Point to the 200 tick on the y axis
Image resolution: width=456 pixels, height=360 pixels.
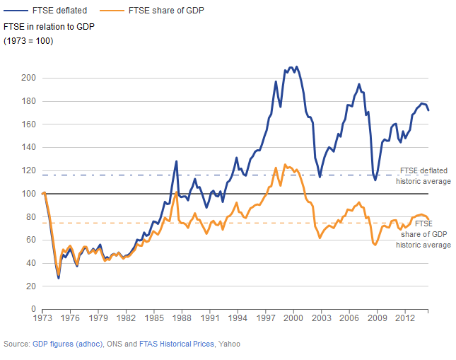pos(28,78)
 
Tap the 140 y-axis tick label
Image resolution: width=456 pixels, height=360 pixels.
pos(28,147)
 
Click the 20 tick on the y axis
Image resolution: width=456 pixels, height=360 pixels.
pos(30,286)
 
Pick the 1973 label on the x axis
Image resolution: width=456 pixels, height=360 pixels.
pos(42,319)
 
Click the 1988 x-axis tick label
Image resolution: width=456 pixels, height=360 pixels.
pos(182,319)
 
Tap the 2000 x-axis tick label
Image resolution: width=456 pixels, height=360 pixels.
pos(293,319)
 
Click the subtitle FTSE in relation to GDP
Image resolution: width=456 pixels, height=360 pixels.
pos(49,26)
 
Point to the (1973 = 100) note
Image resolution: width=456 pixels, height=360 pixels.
pos(29,40)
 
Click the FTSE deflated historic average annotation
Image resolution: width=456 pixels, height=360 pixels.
pos(425,175)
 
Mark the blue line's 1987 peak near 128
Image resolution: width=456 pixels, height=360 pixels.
pos(176,161)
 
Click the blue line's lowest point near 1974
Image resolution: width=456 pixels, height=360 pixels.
pos(59,278)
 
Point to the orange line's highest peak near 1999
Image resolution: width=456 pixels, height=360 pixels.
pos(285,165)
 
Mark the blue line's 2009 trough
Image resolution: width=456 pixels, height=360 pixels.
pos(375,180)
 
